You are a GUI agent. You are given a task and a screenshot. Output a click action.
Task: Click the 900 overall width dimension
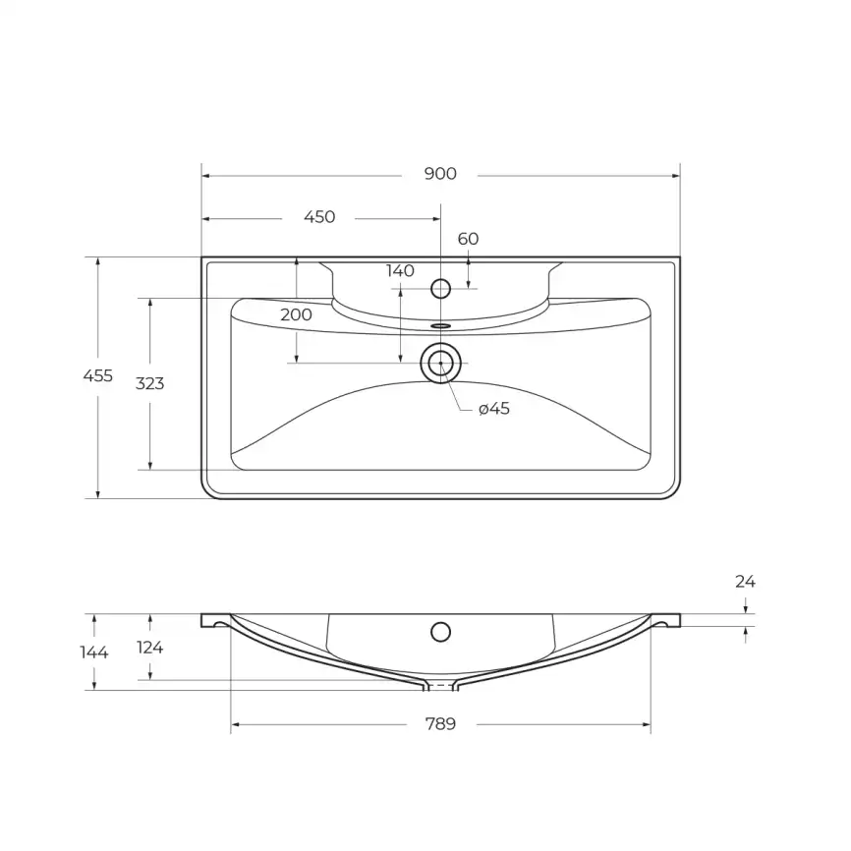click(440, 174)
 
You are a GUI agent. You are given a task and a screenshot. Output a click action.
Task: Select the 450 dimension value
click(319, 217)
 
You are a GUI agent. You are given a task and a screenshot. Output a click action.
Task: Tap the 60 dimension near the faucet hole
click(469, 239)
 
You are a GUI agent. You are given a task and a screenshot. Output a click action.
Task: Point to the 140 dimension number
click(400, 271)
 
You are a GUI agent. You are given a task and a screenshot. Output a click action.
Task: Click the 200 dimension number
click(296, 315)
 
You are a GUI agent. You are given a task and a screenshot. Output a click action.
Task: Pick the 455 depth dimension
click(98, 375)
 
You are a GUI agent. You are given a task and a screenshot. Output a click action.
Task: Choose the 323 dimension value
click(149, 383)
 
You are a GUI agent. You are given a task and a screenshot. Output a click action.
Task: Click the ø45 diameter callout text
click(494, 409)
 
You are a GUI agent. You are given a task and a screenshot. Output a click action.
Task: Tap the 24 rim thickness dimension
click(746, 582)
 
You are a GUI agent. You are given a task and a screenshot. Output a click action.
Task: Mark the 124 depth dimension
click(149, 647)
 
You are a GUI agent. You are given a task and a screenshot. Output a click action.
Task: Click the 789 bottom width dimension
click(440, 725)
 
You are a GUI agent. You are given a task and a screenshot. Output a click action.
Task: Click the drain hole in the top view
click(441, 364)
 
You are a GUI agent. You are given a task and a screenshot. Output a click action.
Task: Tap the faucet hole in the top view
click(441, 289)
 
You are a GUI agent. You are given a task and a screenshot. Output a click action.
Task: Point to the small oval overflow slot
click(441, 323)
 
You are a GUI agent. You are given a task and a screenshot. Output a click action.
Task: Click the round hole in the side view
click(441, 631)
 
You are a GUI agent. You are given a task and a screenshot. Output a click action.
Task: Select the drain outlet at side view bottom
click(441, 684)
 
